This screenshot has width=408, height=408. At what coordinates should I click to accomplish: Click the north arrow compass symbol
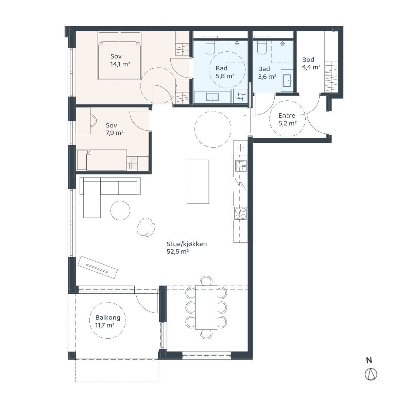371,374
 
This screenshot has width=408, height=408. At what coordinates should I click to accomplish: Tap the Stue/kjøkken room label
187,244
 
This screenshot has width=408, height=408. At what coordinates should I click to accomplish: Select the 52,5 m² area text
177,252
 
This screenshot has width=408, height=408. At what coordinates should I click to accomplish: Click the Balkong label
108,317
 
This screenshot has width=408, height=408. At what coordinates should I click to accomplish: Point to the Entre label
287,115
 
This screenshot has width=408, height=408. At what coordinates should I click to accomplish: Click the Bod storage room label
308,60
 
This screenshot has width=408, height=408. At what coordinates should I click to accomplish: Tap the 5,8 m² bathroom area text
225,76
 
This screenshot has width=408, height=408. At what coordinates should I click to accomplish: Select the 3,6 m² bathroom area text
267,76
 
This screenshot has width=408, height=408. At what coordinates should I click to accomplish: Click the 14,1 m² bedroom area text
120,64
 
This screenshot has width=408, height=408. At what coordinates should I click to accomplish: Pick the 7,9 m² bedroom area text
115,133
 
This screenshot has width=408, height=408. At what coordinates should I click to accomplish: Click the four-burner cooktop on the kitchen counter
240,213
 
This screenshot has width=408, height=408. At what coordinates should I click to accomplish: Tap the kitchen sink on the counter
241,166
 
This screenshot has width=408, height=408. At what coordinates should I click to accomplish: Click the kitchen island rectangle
198,182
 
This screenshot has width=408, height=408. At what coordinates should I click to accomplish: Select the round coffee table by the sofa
120,210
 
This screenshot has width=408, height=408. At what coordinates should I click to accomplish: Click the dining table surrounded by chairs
206,307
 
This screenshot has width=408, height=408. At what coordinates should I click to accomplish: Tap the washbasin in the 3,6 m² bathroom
287,81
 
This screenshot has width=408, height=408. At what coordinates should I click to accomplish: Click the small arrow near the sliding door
245,117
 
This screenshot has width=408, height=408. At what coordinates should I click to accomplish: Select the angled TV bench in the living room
98,267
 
